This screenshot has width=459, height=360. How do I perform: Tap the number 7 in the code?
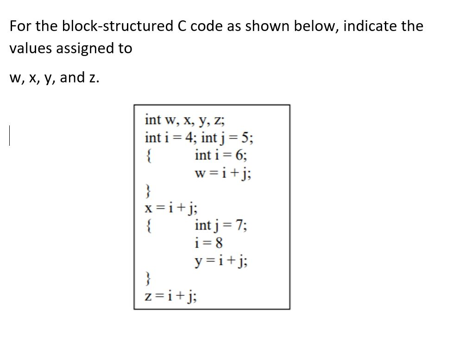click(239, 226)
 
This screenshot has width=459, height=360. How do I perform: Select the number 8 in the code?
click(224, 243)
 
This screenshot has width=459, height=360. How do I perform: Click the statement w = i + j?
click(224, 173)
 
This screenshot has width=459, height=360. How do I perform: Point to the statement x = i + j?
click(172, 208)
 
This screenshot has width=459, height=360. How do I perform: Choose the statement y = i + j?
click(223, 261)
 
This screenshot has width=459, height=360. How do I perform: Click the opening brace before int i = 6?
click(149, 155)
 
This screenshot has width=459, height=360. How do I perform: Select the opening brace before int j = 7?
click(149, 226)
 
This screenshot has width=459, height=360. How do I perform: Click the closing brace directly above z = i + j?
click(148, 279)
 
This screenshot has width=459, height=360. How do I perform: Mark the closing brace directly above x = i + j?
click(148, 191)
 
